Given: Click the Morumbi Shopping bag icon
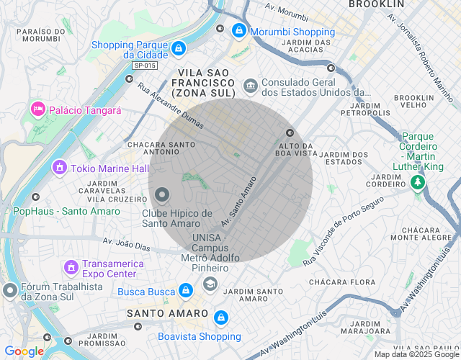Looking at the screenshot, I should tap(238, 32).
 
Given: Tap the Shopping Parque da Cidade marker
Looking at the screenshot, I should tap(179, 49).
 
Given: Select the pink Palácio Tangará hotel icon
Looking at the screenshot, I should tap(37, 109).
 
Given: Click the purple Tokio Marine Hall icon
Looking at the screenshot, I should tap(59, 168).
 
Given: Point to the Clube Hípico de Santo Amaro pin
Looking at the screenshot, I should tap(162, 195).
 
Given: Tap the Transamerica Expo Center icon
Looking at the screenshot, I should tap(71, 268).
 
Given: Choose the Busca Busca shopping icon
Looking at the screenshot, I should tap(186, 290).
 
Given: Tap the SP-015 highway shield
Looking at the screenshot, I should tap(145, 66).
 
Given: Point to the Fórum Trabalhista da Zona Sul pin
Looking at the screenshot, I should tap(9, 291).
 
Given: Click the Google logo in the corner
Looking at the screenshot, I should tap(24, 351).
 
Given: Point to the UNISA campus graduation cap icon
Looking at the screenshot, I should tap(210, 284).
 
